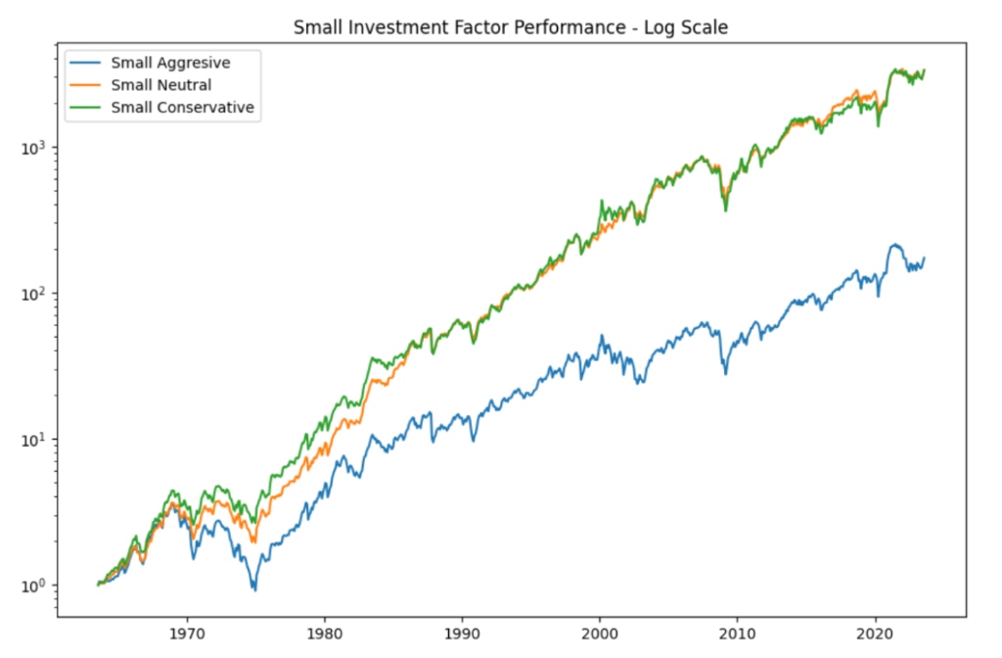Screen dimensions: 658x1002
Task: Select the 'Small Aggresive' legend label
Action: [170, 64]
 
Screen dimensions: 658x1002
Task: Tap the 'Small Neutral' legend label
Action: [160, 85]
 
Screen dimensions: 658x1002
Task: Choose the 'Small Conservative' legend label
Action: [182, 107]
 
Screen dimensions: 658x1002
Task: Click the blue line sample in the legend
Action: [86, 64]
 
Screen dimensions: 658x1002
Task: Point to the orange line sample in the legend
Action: [86, 85]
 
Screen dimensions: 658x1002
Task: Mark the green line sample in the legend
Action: [86, 107]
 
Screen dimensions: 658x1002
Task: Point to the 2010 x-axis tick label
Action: [738, 633]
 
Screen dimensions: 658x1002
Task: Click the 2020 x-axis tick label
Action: [875, 633]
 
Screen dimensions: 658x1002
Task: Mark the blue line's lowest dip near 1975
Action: [255, 589]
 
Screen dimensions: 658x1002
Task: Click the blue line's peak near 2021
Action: [893, 245]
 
